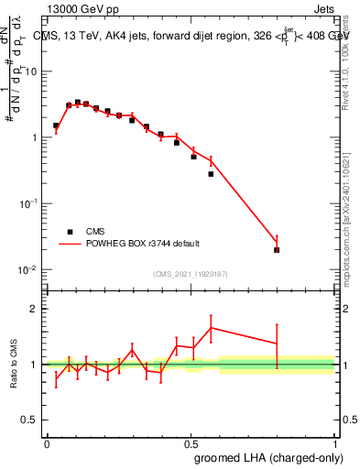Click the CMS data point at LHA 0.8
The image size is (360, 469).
(277, 249)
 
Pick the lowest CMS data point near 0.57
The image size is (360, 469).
(211, 174)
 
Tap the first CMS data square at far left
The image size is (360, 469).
(56, 125)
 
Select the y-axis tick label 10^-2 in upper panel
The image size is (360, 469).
(28, 269)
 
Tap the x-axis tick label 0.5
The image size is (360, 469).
(191, 443)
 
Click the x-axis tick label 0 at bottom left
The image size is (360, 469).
(47, 443)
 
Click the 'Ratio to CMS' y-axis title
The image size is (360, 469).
(14, 364)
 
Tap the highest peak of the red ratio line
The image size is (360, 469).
(211, 327)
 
